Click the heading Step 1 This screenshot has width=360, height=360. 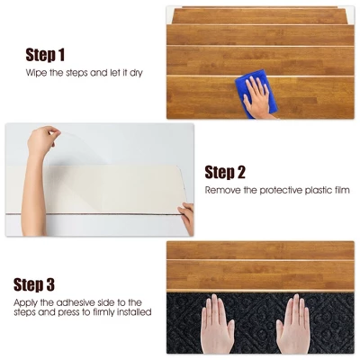click(57, 54)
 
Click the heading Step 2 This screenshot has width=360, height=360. click(238, 172)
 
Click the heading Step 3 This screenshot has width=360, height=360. click(44, 284)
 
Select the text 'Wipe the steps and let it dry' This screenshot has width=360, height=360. click(83, 72)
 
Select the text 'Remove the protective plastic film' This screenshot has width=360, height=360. click(276, 191)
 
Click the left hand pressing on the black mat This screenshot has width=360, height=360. click(219, 323)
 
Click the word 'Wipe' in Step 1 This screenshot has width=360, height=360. click(35, 72)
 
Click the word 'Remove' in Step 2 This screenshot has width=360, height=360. click(221, 191)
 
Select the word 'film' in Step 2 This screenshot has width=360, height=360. click(340, 191)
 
